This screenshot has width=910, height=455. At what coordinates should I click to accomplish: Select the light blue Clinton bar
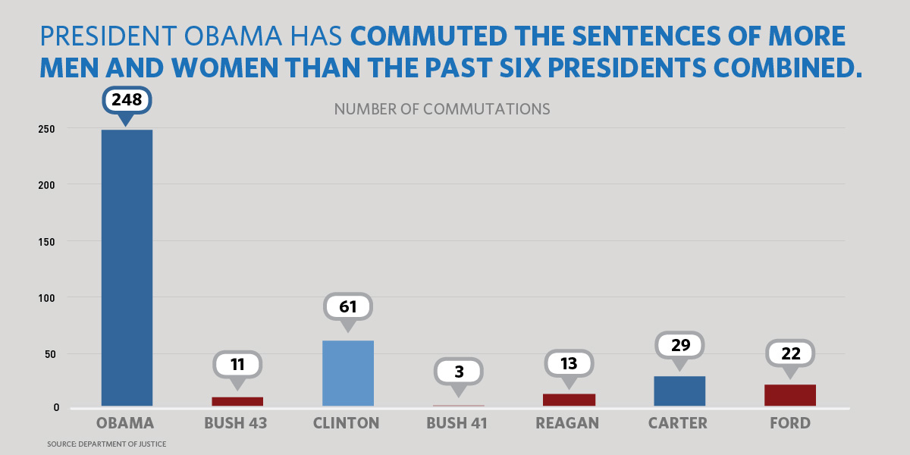348,373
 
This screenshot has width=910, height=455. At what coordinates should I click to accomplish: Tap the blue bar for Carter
679,391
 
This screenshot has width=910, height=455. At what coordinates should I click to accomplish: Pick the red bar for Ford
790,395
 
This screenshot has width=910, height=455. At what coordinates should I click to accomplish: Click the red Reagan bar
569,400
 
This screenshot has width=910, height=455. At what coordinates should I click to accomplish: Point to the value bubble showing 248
127,100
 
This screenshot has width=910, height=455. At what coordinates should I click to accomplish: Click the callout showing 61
348,307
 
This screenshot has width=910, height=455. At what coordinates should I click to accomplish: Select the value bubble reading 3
458,372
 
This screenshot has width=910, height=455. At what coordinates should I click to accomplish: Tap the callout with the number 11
237,365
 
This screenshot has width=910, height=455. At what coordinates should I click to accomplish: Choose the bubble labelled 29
679,346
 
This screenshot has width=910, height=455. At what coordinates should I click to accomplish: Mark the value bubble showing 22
790,353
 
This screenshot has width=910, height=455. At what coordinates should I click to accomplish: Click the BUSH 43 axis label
236,423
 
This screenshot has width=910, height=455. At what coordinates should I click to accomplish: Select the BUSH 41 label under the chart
457,423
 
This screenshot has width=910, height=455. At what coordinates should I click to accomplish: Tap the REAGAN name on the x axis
567,423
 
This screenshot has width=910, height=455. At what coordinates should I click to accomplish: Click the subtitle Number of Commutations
442,109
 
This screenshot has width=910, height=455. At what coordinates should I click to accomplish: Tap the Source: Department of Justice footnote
106,444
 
